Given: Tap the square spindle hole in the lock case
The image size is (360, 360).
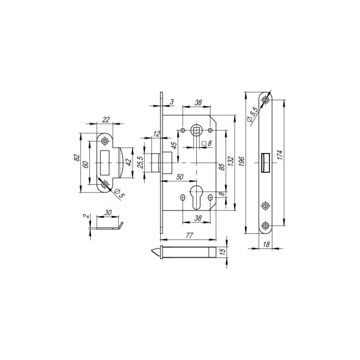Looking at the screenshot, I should [x=196, y=130].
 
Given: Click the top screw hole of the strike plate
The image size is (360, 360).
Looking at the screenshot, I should [x=106, y=141].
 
